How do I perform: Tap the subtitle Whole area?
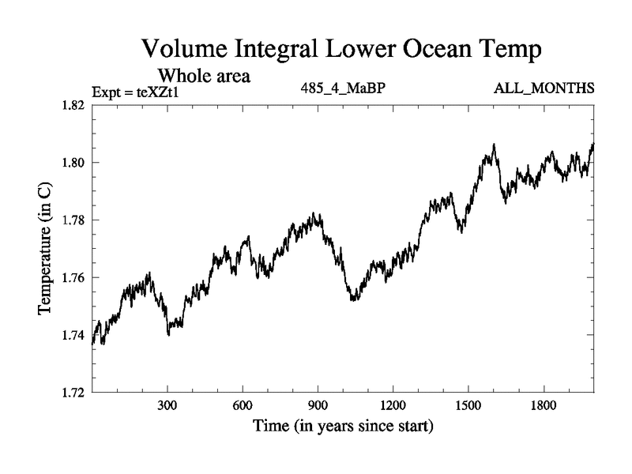(x=205, y=76)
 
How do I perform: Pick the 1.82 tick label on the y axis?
(x=74, y=105)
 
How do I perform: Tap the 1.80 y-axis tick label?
(x=74, y=163)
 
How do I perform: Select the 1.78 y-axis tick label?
(x=74, y=220)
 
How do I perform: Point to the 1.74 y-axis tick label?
(x=74, y=335)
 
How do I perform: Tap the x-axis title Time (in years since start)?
(x=343, y=427)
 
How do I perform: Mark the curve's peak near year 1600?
(x=494, y=145)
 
